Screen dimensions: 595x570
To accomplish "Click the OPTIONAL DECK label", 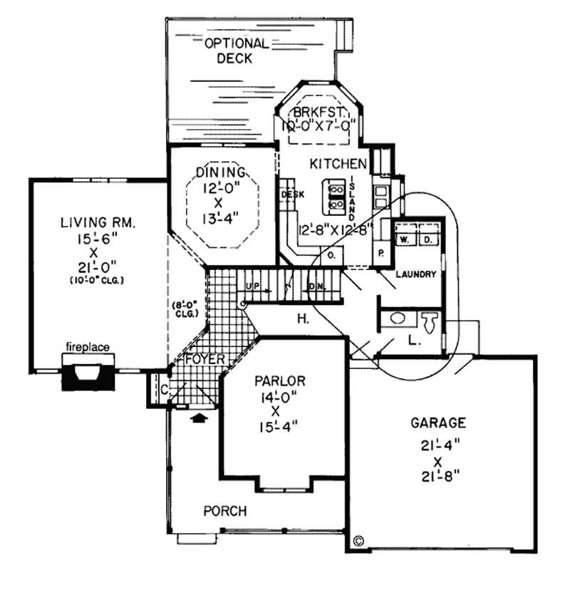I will [x=236, y=51].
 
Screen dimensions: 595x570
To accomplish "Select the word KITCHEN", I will [x=338, y=164].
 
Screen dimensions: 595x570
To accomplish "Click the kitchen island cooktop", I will [x=333, y=197].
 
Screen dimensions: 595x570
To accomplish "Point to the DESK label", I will [x=293, y=193].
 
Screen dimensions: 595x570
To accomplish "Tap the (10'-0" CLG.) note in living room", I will [x=98, y=280].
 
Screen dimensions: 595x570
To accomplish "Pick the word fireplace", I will [x=88, y=347].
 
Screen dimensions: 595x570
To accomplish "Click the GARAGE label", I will [x=437, y=423].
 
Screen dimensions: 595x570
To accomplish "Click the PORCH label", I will [x=225, y=511].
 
